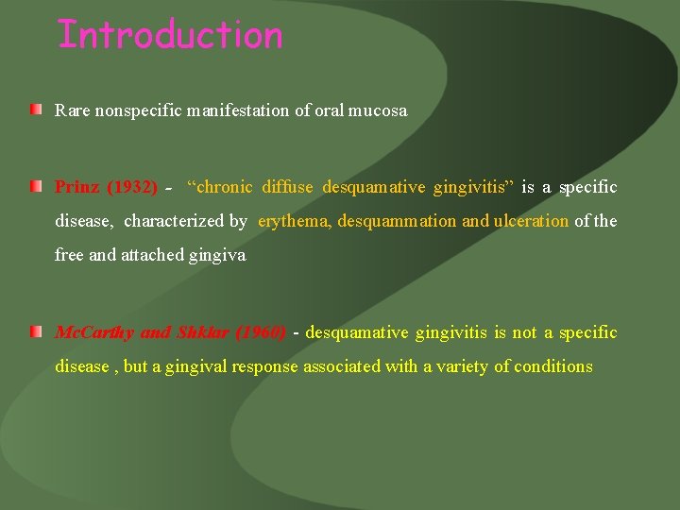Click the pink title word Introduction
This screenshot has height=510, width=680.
tap(170, 35)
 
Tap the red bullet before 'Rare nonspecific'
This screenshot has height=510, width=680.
tap(35, 111)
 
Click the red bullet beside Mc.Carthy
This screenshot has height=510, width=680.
tap(35, 332)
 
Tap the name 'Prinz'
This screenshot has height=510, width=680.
tap(77, 187)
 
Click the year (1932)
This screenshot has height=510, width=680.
tap(132, 187)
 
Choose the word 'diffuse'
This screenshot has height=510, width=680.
tap(287, 187)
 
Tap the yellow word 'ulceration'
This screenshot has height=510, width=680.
tap(531, 221)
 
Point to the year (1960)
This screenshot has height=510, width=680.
tap(260, 332)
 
